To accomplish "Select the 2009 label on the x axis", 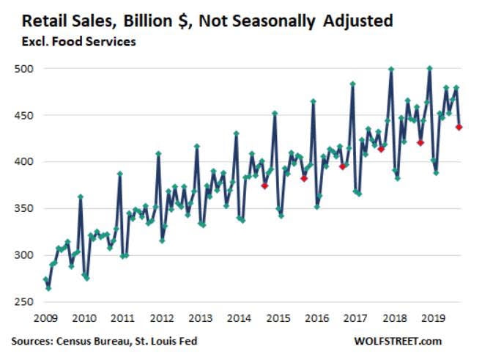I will point(45,318).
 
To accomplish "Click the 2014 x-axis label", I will point(239,318).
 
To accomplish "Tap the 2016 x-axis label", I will point(316,318).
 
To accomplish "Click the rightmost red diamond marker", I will point(459,127).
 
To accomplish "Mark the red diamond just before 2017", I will point(342,166).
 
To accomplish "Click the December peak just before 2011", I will point(119,174).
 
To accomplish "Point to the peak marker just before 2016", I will point(313,101).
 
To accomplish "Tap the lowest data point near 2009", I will point(48,288).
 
